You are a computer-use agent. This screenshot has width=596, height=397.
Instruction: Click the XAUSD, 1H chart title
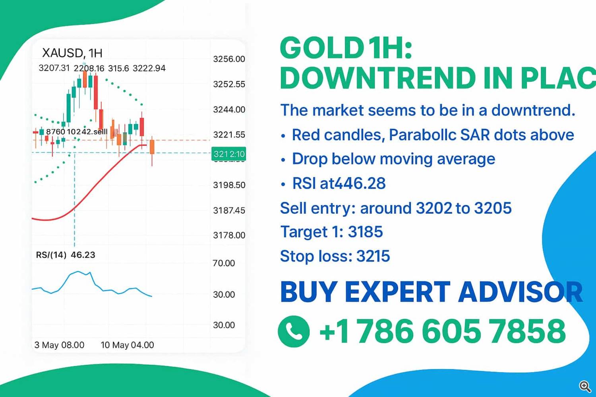coord(72,53)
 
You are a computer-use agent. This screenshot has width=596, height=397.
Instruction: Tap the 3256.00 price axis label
coord(229,59)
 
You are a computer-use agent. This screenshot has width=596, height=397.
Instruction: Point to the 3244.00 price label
coord(229,110)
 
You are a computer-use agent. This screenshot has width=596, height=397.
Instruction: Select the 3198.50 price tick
coord(229,185)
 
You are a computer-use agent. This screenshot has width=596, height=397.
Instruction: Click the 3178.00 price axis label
coord(229,235)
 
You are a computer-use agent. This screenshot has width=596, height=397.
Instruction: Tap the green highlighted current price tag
coord(229,154)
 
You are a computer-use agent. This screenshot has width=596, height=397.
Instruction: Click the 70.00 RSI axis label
coord(224,263)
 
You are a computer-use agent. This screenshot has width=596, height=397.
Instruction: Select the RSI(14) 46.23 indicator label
coord(66,255)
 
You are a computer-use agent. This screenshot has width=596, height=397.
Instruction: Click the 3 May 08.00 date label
coord(59,345)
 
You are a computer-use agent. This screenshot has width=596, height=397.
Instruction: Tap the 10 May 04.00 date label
coord(127,345)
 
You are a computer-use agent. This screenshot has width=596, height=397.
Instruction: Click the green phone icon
coord(294,331)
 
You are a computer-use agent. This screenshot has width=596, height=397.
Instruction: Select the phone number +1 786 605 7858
coord(442,331)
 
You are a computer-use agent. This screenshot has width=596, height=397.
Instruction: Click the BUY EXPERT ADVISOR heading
coord(431,292)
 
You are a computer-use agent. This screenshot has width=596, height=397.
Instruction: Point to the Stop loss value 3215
coord(373,256)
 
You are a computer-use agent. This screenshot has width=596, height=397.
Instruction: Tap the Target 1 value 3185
coord(365,232)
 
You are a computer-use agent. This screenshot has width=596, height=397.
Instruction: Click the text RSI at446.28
coord(339,183)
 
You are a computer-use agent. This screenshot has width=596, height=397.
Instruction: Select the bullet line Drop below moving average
coord(393,159)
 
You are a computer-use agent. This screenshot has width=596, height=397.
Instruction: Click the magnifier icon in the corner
coord(584,386)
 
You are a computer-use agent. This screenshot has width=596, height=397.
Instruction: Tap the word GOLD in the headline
coord(322,48)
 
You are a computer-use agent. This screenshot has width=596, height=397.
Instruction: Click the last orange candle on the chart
coord(152,147)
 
